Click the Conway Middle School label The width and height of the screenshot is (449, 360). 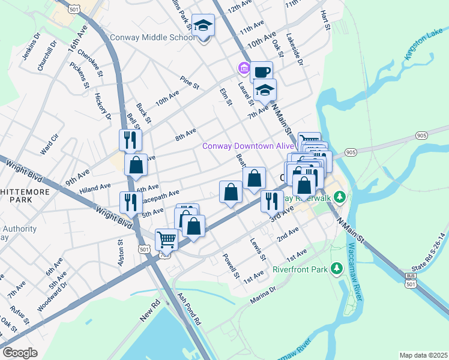tap(152, 37)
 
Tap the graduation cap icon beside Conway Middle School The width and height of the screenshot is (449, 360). tap(203, 26)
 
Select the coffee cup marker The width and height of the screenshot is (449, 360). tap(261, 73)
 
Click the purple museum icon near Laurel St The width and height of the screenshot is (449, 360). tap(244, 68)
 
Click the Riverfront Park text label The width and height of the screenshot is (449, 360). tap(300, 269)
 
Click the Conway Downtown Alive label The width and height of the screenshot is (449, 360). tap(248, 146)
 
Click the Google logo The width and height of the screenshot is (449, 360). tap(20, 352)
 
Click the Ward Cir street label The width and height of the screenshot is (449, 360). tap(49, 145)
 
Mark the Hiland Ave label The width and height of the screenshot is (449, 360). tap(95, 188)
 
